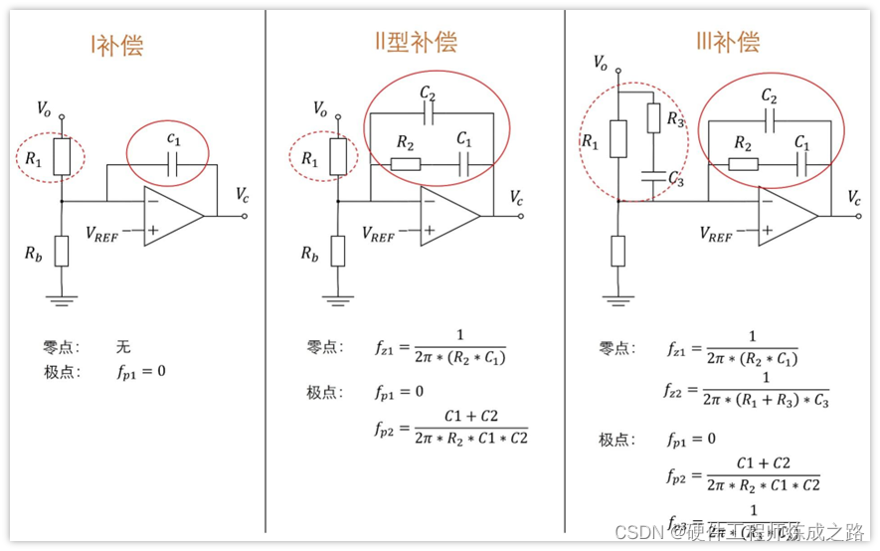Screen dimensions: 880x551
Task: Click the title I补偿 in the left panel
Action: pos(116,46)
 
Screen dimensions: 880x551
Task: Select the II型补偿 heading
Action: pos(409,42)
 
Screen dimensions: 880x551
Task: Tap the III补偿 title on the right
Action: pos(728,42)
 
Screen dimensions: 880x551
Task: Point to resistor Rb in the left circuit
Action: pos(62,251)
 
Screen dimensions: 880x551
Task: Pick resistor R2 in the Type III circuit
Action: pos(742,164)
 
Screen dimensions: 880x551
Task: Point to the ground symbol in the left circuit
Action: pos(62,297)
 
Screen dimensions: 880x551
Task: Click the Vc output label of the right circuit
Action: pos(855,198)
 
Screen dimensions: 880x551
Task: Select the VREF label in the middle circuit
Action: pos(378,234)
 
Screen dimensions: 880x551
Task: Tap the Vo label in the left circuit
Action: pos(45,106)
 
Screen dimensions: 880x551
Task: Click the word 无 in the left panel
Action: pos(122,347)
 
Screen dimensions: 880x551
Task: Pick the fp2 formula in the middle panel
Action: pos(452,428)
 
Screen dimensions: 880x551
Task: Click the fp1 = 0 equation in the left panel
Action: pos(139,372)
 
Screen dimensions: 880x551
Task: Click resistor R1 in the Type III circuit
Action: pos(617,139)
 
